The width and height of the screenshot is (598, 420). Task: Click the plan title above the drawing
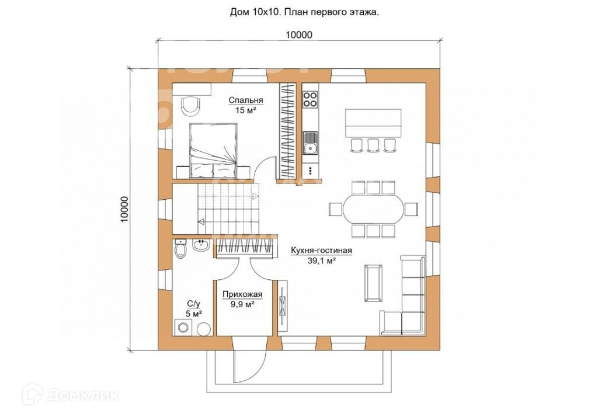(x=304, y=12)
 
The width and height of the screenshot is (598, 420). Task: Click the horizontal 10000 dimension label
(x=299, y=34)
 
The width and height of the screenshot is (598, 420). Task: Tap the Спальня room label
(x=246, y=100)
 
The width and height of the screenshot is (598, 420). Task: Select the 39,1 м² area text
(x=321, y=261)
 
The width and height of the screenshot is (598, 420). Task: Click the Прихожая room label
(x=242, y=294)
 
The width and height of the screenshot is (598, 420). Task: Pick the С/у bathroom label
(x=193, y=304)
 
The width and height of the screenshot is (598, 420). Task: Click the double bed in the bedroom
(x=214, y=150)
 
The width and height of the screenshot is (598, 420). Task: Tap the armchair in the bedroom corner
(x=190, y=106)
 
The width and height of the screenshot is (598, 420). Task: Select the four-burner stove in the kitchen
(x=310, y=99)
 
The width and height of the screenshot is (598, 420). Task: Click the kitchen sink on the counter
(x=310, y=143)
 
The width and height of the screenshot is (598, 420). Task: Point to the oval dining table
(x=373, y=209)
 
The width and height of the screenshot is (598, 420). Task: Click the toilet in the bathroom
(x=180, y=248)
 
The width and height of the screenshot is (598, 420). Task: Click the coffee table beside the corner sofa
(x=373, y=283)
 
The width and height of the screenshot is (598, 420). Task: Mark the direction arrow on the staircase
(x=201, y=221)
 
